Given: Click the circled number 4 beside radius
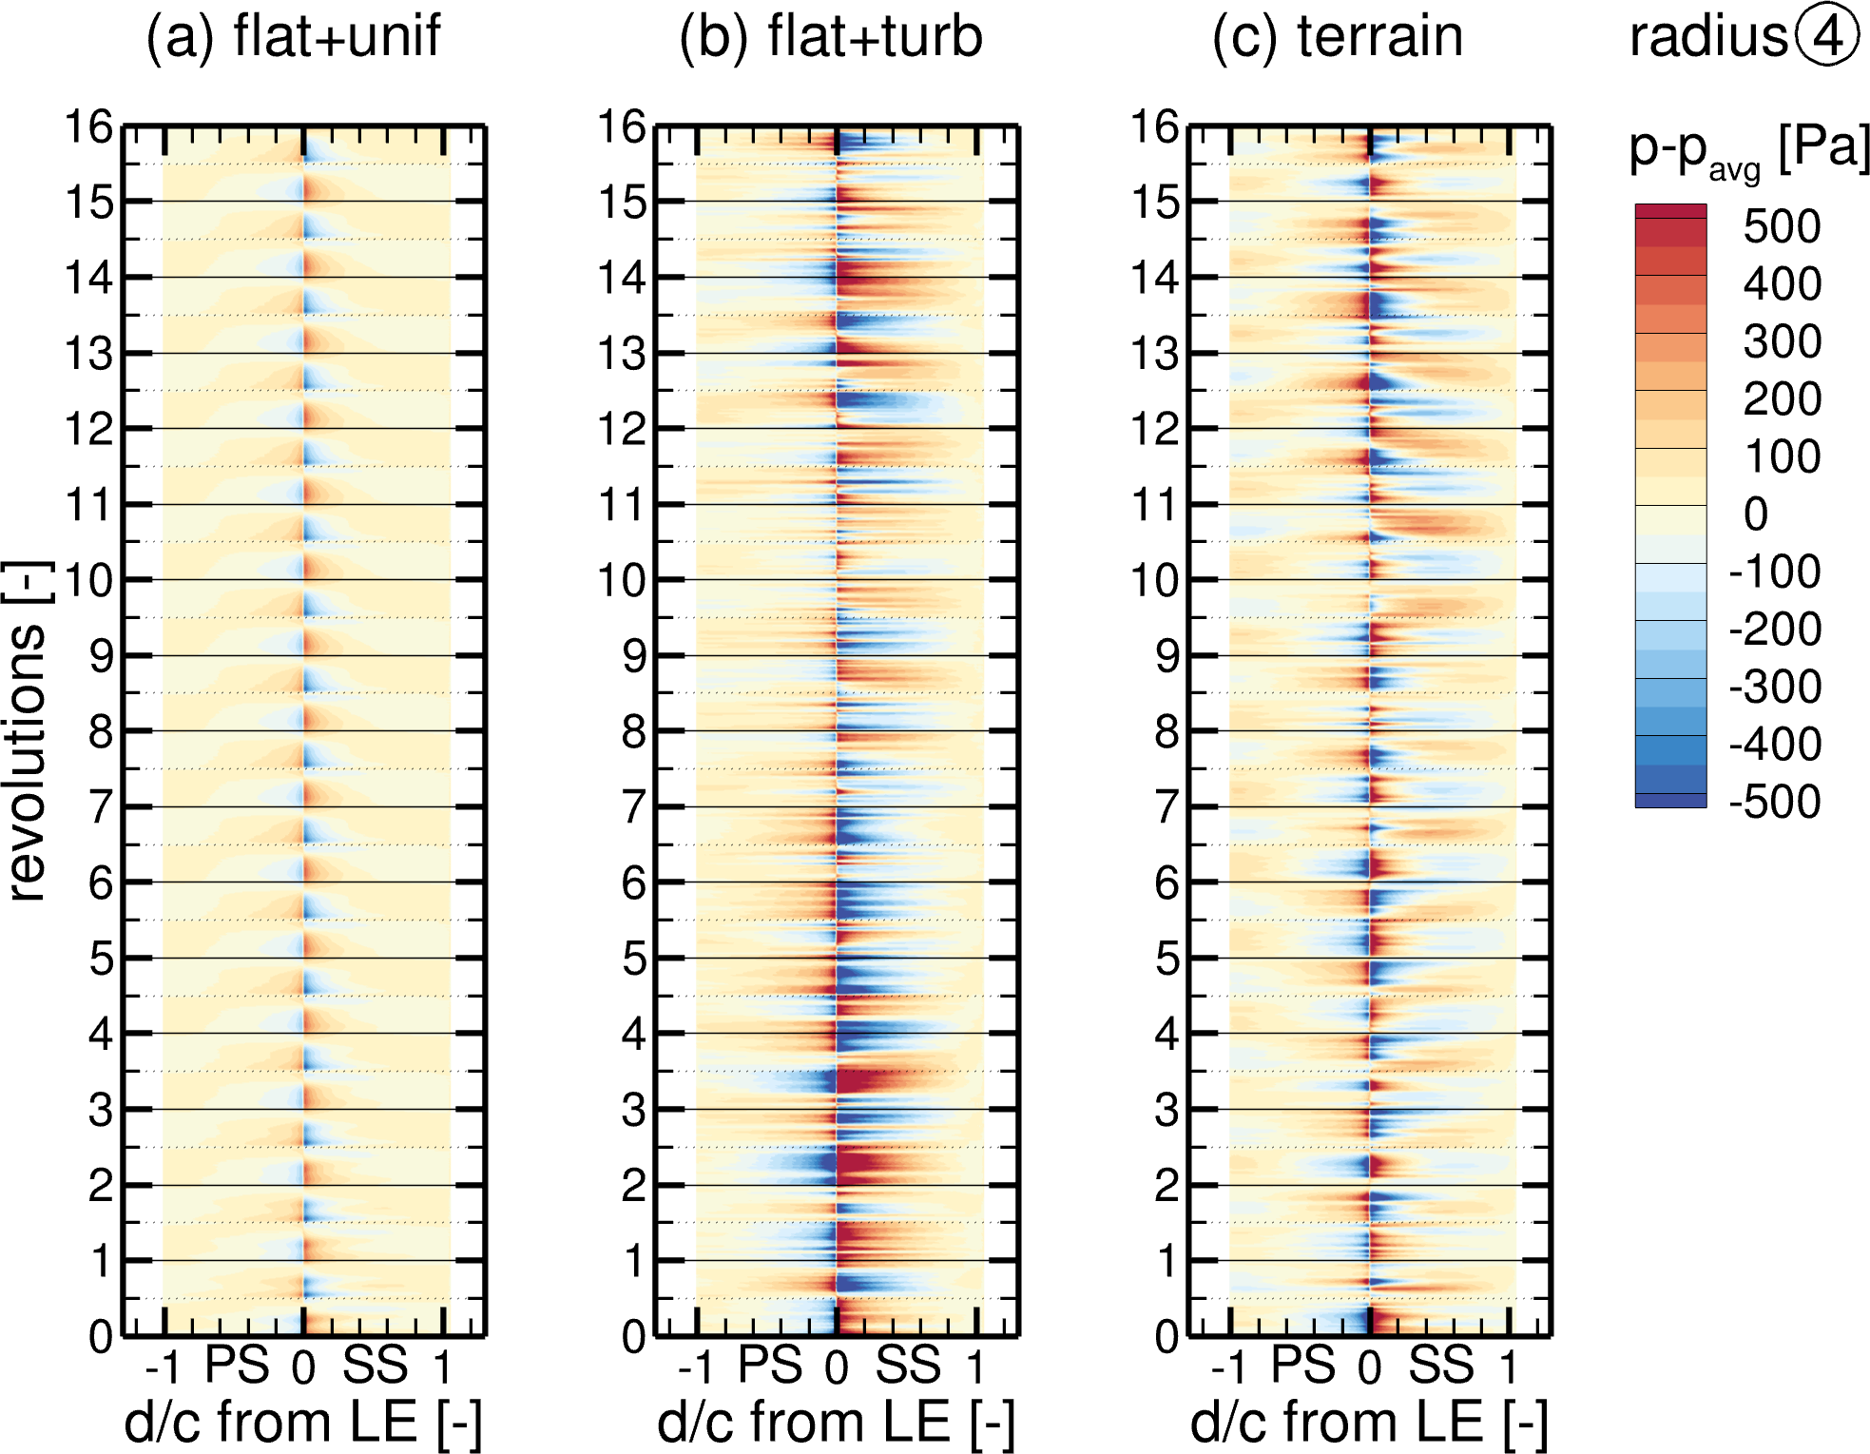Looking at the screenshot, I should [1828, 36].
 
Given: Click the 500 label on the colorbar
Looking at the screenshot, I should [1782, 226].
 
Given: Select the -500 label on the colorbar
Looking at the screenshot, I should [1774, 802].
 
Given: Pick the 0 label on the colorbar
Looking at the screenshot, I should [1756, 514].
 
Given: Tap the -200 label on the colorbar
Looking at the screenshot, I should [1774, 630].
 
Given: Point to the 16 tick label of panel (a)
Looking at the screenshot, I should [88, 126].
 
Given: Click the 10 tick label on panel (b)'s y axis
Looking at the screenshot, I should [622, 580].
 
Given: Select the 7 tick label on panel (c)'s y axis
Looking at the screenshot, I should [1167, 807].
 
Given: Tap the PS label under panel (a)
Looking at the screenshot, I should [238, 1366].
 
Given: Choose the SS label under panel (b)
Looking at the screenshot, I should [908, 1366].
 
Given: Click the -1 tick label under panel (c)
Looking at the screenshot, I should [1228, 1367].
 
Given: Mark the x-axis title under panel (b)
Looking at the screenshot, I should [836, 1423].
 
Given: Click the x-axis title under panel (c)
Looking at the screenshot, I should [1369, 1423].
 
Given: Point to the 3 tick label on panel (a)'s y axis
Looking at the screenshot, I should [101, 1110].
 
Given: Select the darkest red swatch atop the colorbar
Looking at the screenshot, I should [1670, 211].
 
